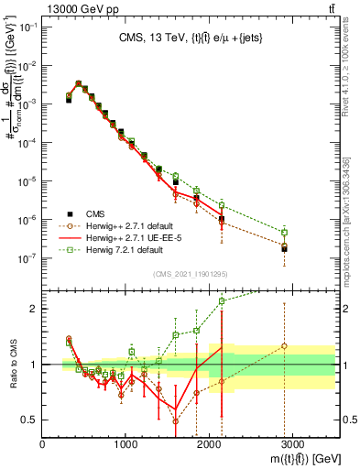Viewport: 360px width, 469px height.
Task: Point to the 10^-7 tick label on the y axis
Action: tap(26, 258)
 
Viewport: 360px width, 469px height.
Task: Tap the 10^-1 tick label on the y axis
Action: tap(26, 27)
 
